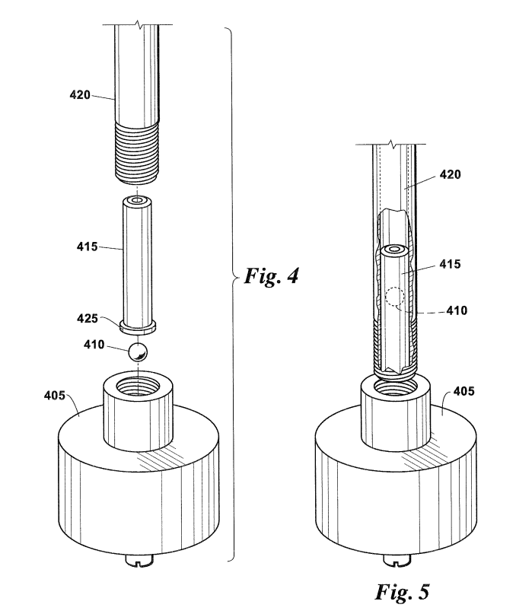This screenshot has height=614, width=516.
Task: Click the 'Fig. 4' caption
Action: (271, 275)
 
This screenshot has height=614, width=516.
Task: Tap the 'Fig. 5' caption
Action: (403, 592)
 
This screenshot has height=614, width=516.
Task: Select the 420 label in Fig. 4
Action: (80, 95)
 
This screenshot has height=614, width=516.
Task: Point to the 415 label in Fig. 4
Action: (87, 247)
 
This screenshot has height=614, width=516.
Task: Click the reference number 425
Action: (87, 318)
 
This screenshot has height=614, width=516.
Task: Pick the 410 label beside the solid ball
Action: (94, 345)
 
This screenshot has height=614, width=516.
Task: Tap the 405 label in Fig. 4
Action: (55, 396)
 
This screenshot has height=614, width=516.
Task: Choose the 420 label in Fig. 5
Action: (451, 174)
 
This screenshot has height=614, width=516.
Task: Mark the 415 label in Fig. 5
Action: (451, 264)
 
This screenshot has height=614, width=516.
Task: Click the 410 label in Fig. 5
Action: (457, 310)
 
